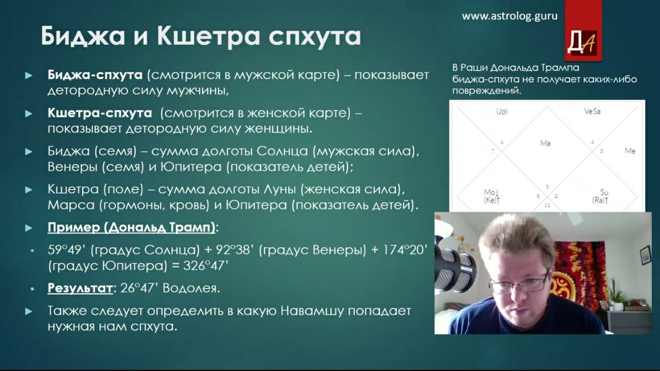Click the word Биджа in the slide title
pos(83,36)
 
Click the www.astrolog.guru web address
pos(509,16)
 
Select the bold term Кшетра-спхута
pos(100,112)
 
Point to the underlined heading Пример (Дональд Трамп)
pos(131,227)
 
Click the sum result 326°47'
pos(206,266)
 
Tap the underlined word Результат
pos(80,288)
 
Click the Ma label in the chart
pos(546,144)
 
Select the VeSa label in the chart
pos(592,111)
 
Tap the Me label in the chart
pos(630,151)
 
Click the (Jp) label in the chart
pos(501,111)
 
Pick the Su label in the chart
pos(604,192)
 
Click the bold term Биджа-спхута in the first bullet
pos(95,75)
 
